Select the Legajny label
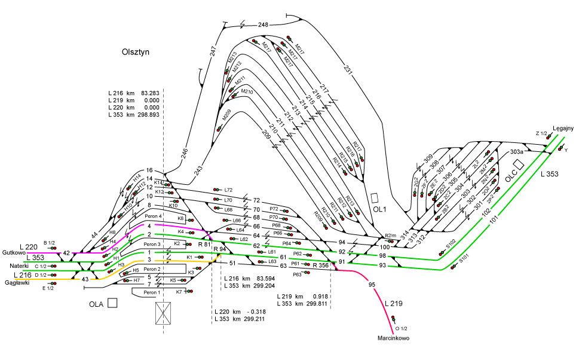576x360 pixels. coord(563,128)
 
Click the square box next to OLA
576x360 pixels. coord(112,303)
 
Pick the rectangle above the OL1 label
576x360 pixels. coord(375,197)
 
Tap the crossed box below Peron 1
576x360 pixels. coord(163,313)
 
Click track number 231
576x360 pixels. coord(348,69)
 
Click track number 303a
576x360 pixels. coord(516,152)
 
